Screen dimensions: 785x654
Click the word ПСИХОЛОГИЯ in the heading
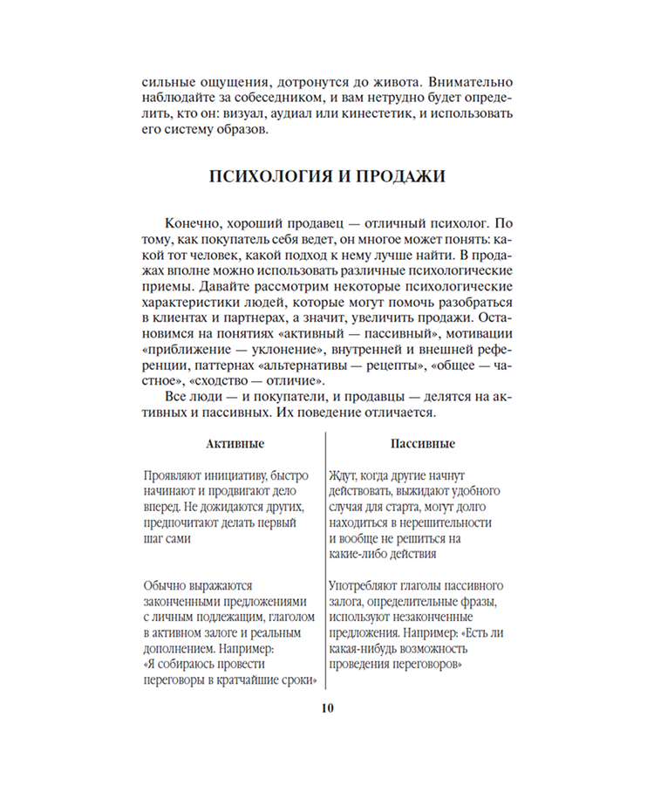[268, 177]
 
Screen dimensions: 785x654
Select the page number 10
[326, 707]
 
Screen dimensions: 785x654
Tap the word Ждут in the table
[346, 476]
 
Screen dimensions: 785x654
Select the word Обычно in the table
[166, 586]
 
